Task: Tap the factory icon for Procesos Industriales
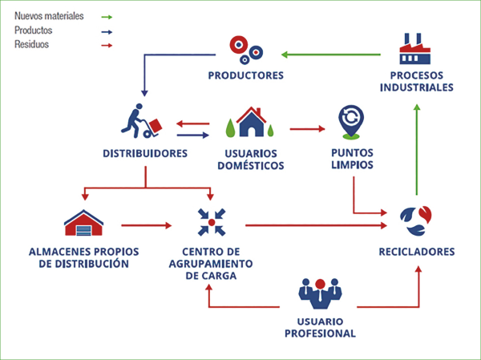pyautogui.click(x=416, y=51)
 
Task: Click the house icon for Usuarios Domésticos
pyautogui.click(x=250, y=122)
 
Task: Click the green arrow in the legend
pyautogui.click(x=107, y=16)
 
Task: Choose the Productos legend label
pyautogui.click(x=33, y=30)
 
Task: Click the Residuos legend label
pyautogui.click(x=31, y=45)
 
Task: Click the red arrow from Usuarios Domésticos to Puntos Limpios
pyautogui.click(x=309, y=128)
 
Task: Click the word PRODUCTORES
pyautogui.click(x=245, y=76)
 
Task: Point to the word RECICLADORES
pyautogui.click(x=416, y=253)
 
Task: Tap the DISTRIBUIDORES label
pyautogui.click(x=145, y=152)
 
